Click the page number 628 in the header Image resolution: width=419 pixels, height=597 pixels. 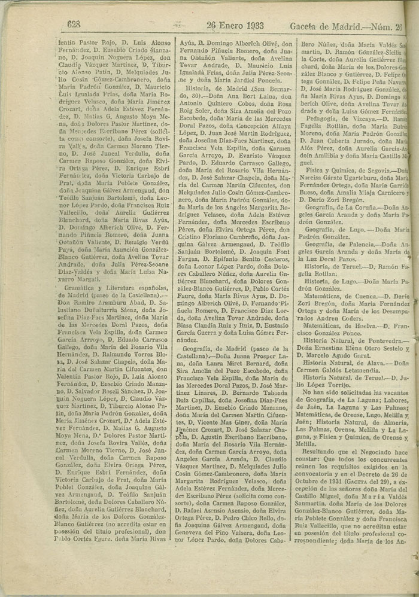click(74, 25)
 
